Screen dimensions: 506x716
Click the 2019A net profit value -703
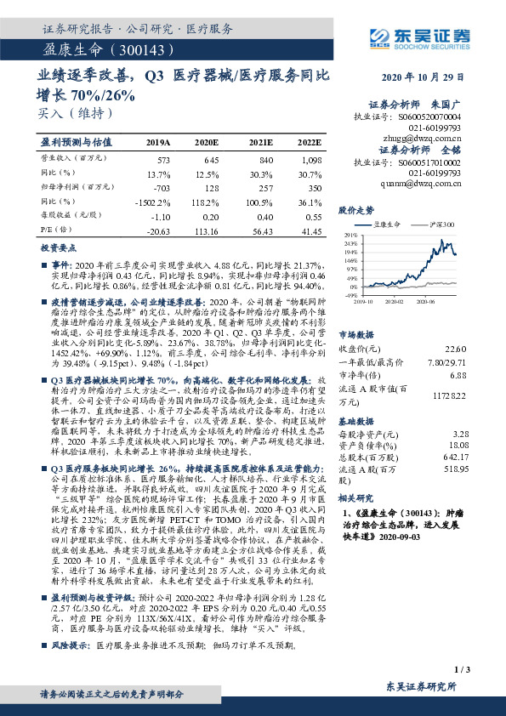pos(160,186)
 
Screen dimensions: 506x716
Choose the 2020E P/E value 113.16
pos(205,230)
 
